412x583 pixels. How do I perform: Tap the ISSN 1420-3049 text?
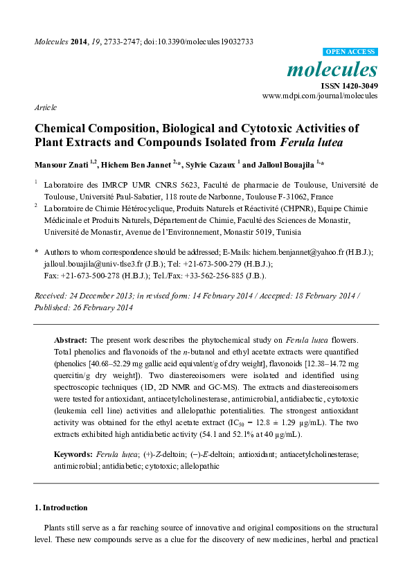[348, 86]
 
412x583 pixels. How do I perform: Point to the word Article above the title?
[46, 108]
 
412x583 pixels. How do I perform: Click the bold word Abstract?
[71, 341]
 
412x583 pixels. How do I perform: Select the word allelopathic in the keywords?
[198, 466]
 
